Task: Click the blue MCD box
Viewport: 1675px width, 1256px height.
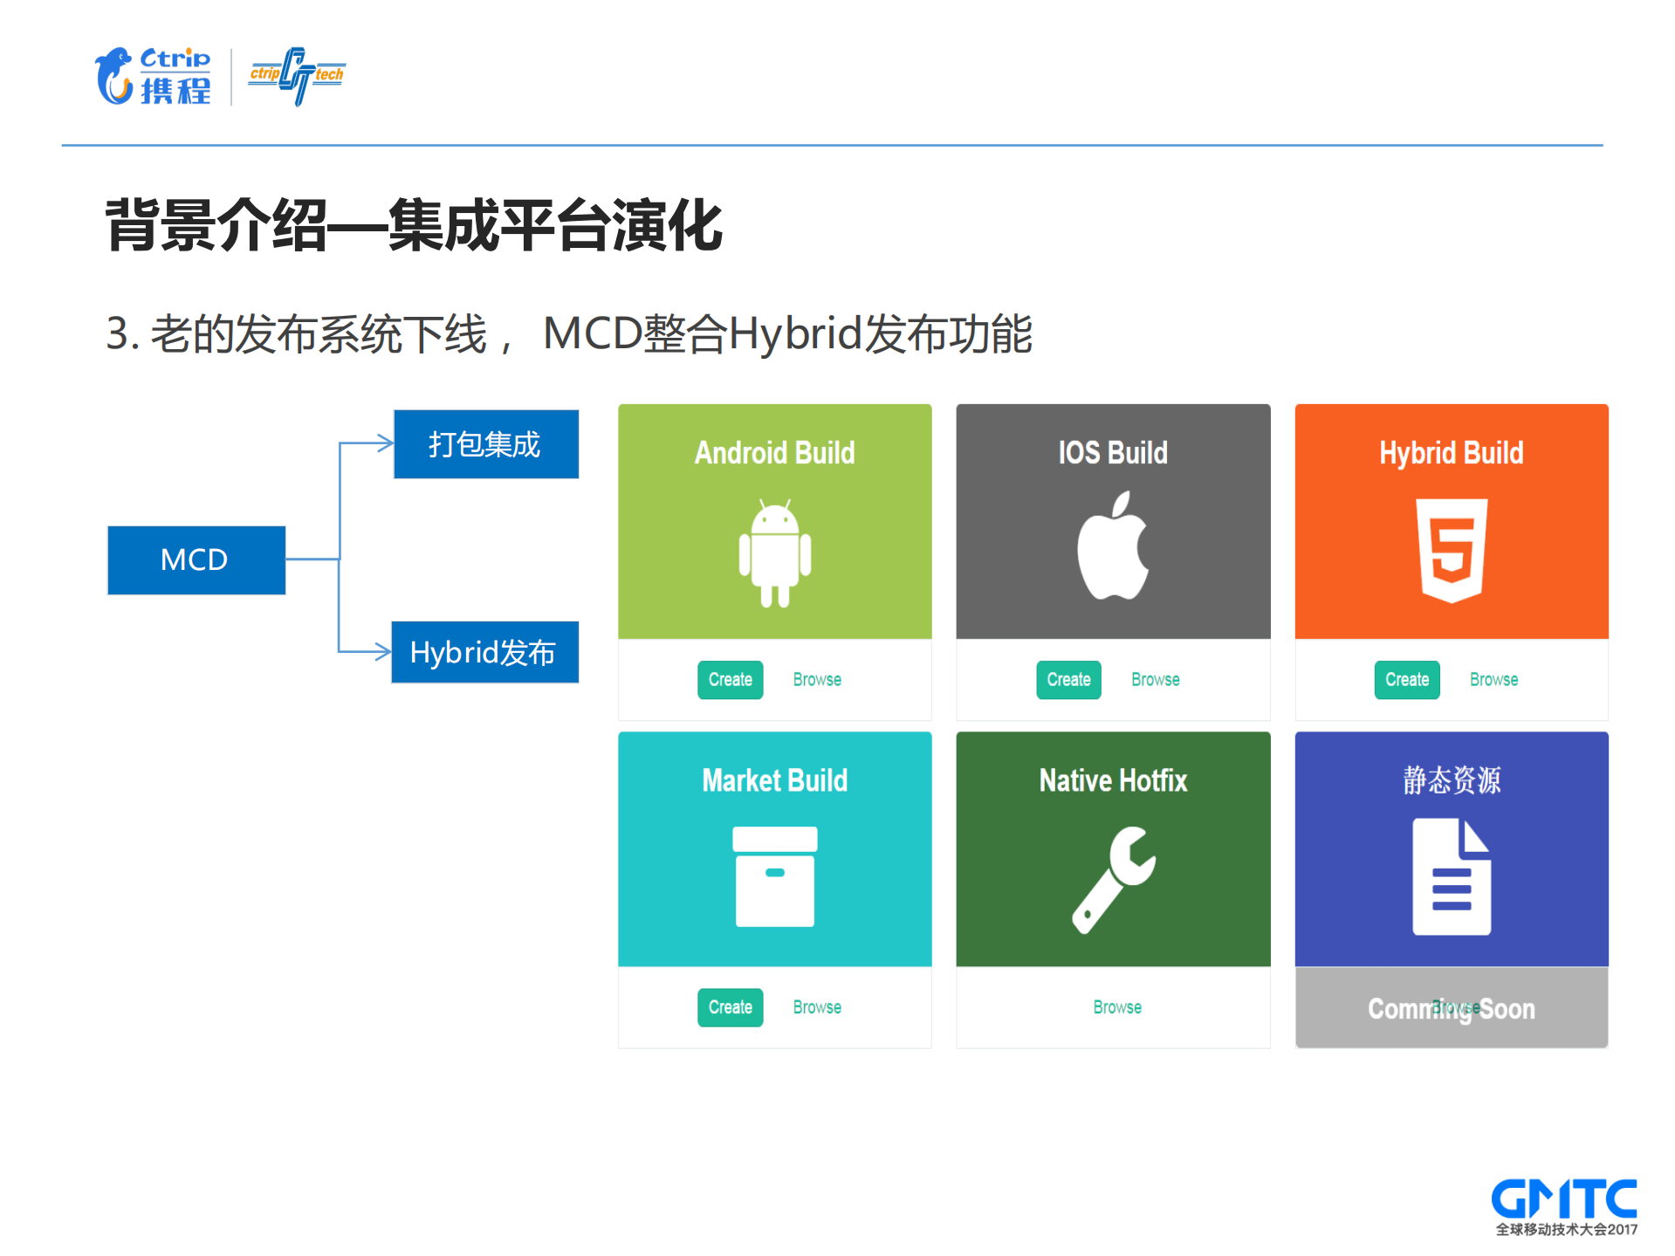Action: (196, 559)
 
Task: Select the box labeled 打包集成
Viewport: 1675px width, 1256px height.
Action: (485, 444)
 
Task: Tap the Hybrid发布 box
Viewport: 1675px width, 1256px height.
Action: (484, 652)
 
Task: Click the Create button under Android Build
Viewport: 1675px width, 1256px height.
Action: (730, 680)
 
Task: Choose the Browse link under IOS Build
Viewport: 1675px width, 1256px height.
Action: (1155, 680)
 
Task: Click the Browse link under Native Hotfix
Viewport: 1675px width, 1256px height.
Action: (1116, 1007)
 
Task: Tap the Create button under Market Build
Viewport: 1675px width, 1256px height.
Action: (730, 1007)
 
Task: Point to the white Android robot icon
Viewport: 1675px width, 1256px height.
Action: (774, 553)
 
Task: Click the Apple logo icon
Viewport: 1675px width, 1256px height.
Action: (1112, 547)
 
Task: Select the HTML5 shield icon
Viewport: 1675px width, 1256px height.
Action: (1451, 550)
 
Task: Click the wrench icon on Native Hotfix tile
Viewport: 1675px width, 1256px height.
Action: (1113, 879)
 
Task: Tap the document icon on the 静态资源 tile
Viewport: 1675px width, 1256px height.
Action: (1451, 876)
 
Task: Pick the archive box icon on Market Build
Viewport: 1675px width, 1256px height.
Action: (774, 876)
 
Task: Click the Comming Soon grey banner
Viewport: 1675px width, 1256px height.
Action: (1451, 1008)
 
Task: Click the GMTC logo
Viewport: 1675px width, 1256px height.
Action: (1563, 1205)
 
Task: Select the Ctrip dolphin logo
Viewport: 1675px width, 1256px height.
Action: (115, 77)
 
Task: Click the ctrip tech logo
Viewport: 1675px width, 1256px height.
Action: (297, 76)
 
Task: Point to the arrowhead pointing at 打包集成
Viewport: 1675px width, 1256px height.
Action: (384, 443)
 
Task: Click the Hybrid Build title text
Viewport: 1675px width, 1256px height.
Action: (1451, 453)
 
